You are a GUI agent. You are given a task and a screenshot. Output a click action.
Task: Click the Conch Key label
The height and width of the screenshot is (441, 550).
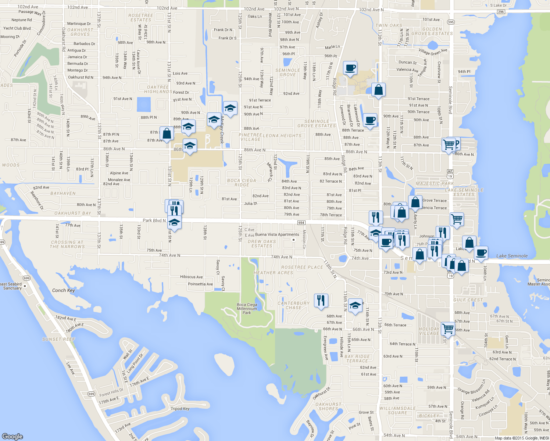point(63,290)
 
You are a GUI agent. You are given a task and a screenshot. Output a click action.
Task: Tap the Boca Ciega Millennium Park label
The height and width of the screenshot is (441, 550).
point(247,309)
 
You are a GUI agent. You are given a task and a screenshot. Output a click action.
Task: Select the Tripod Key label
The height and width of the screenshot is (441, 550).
point(180,409)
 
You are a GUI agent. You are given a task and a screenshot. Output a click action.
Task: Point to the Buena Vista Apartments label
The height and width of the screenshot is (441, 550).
point(277,234)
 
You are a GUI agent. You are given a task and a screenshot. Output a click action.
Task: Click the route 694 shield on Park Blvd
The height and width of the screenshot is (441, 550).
point(301,223)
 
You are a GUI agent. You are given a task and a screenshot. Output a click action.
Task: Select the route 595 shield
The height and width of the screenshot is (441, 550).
point(451,22)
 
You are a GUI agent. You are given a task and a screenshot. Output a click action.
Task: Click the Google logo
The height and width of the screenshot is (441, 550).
point(12,436)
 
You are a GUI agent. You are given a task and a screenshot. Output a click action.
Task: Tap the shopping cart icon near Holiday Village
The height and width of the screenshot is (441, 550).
point(448,328)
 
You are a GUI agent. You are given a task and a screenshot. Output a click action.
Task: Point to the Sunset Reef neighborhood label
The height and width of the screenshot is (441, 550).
point(59,339)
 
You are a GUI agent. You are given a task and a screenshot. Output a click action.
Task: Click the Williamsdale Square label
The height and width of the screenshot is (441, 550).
point(397,410)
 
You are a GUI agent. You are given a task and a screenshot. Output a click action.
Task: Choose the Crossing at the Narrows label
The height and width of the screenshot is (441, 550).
point(68,244)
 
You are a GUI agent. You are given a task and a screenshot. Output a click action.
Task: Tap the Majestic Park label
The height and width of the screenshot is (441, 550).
point(435,183)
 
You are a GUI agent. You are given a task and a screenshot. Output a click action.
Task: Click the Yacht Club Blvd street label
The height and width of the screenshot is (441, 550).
point(17,28)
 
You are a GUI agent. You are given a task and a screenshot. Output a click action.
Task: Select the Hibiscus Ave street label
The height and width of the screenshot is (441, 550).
point(191,277)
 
